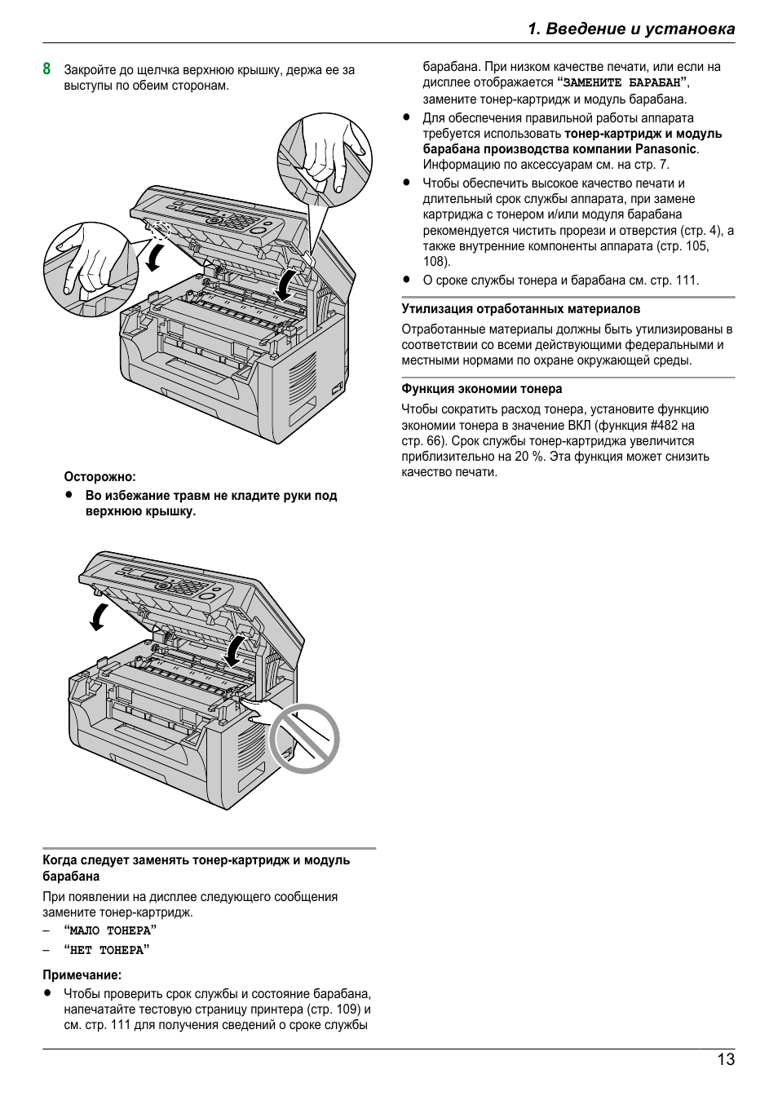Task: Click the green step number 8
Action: pyautogui.click(x=47, y=69)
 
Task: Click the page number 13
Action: pyautogui.click(x=725, y=1059)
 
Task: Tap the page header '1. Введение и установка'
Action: pyautogui.click(x=630, y=29)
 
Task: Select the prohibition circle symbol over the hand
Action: pyautogui.click(x=304, y=739)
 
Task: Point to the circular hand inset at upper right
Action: pyautogui.click(x=325, y=161)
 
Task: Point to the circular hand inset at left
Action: pyautogui.click(x=91, y=269)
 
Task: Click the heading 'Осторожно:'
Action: pyautogui.click(x=100, y=477)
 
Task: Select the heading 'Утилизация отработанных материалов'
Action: pyautogui.click(x=520, y=309)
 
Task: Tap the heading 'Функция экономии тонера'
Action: pyautogui.click(x=481, y=389)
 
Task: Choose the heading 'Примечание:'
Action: pyautogui.click(x=82, y=974)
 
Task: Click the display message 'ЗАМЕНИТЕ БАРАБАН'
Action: pyautogui.click(x=622, y=82)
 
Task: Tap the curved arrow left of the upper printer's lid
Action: pyautogui.click(x=153, y=256)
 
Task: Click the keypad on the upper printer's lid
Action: pyautogui.click(x=240, y=221)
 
